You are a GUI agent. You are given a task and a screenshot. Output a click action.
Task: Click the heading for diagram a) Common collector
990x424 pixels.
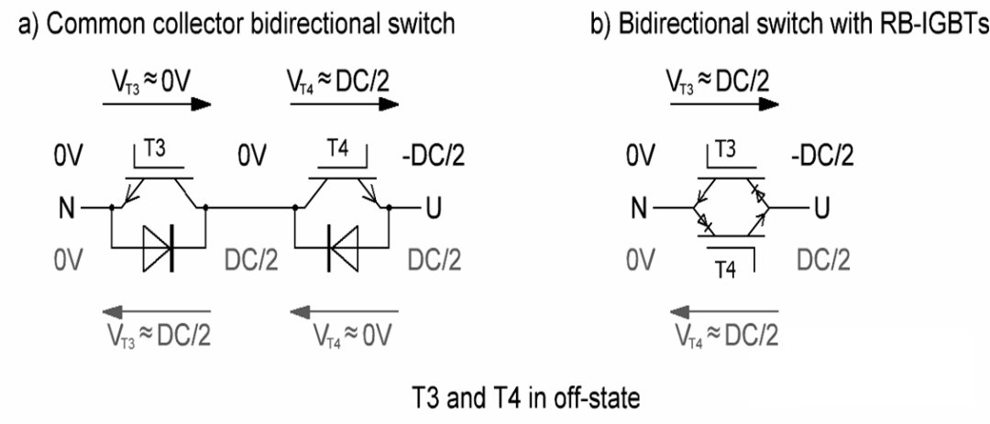tap(236, 24)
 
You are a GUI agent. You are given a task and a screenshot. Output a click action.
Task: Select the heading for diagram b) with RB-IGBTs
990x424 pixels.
tap(790, 24)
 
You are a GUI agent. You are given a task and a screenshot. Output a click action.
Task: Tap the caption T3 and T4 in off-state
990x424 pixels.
tap(525, 399)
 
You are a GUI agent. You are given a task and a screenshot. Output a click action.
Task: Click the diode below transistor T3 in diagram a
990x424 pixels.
tap(159, 247)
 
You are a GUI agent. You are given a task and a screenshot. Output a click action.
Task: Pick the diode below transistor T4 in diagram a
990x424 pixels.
tap(342, 247)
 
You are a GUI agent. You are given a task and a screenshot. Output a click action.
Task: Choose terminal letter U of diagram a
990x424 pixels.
tap(434, 208)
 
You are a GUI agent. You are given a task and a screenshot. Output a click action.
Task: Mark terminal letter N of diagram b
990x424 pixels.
tap(639, 208)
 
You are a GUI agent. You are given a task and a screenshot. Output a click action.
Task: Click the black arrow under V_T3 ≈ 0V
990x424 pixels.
tap(157, 104)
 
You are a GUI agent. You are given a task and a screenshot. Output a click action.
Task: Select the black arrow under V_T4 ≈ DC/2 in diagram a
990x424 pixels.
tap(344, 104)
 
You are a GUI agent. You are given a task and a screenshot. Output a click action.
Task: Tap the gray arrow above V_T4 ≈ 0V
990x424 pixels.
tap(344, 311)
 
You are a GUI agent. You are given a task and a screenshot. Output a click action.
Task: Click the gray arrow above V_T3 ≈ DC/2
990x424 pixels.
tap(157, 311)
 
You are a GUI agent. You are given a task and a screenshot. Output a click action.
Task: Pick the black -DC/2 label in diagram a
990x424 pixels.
tap(433, 155)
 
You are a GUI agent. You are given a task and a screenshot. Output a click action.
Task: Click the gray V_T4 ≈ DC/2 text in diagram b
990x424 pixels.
tap(726, 335)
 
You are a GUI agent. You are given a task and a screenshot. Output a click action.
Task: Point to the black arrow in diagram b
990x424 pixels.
tap(724, 104)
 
